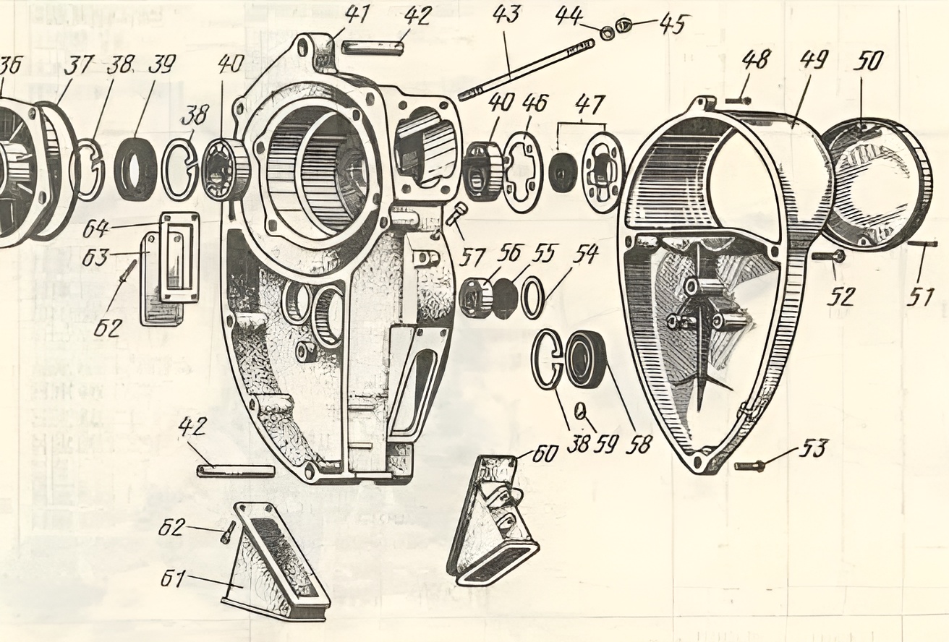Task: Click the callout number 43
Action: tap(507, 14)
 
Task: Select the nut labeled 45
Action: tap(625, 27)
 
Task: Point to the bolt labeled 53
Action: tap(749, 466)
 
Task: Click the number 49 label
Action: tap(814, 61)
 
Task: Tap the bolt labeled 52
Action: tap(827, 256)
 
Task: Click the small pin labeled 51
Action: tap(922, 244)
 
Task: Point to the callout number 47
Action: tap(590, 105)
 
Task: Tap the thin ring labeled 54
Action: tap(533, 297)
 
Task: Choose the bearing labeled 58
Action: tap(585, 359)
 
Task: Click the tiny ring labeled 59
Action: tap(580, 411)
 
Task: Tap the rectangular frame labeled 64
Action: tap(179, 256)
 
